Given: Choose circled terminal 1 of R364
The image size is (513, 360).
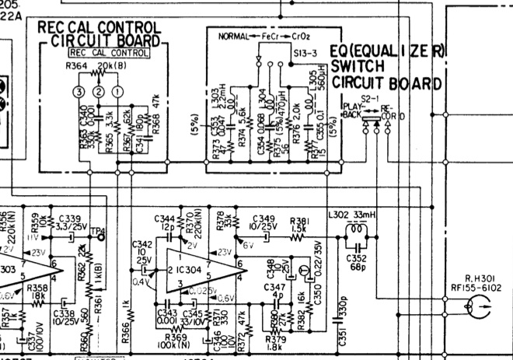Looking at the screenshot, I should (x=117, y=92).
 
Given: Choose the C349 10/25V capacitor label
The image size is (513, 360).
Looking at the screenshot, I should (x=263, y=223).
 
